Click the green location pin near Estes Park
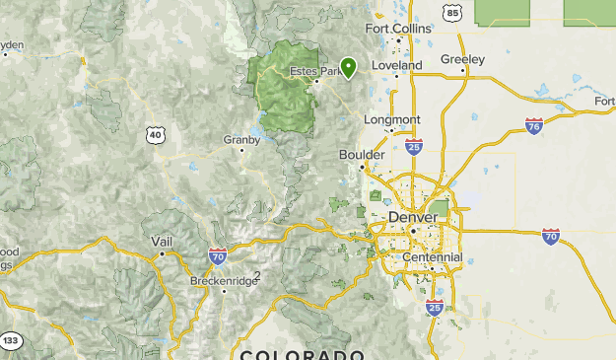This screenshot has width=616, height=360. (x=348, y=67)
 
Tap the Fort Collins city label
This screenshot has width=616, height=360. (x=398, y=29)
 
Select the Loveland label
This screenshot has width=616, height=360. (x=396, y=65)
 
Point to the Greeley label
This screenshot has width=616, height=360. (x=462, y=59)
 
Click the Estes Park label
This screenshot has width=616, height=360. (x=315, y=71)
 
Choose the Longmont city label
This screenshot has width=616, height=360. (x=392, y=120)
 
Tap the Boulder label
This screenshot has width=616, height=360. (x=361, y=155)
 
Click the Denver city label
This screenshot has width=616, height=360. (x=414, y=217)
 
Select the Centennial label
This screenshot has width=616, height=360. (x=432, y=257)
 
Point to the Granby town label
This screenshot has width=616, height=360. (x=241, y=140)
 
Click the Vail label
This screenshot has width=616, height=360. (x=162, y=242)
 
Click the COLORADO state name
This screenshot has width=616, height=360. (x=302, y=354)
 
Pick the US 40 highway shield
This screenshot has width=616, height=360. (x=155, y=134)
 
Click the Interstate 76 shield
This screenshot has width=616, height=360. (x=533, y=126)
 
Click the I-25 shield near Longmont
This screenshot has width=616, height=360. (x=414, y=146)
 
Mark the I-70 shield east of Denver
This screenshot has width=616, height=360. (x=551, y=237)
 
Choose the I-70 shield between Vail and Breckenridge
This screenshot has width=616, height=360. (x=218, y=256)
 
